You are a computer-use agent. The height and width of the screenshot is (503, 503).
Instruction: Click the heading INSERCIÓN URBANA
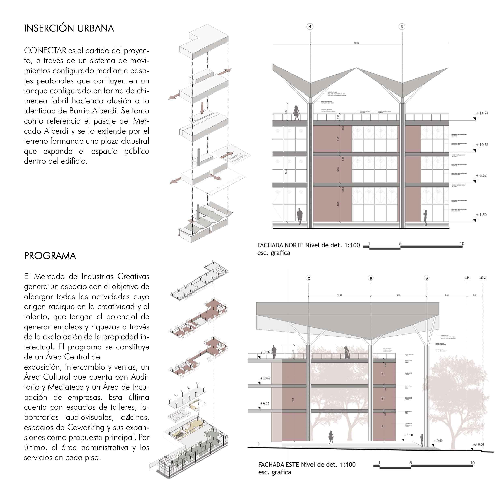point(69,28)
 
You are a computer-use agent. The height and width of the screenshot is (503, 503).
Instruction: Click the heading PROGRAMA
point(50,256)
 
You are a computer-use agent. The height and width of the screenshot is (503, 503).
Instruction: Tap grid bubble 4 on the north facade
point(310,27)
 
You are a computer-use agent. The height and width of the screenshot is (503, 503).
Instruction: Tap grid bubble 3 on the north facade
point(402,27)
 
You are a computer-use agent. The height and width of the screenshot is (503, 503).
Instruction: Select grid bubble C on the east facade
point(309,278)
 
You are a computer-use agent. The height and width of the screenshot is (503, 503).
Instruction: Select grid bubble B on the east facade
point(371,278)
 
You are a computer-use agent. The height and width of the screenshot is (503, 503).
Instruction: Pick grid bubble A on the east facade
point(427,278)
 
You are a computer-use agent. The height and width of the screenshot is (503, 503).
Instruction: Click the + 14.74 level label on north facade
point(482,113)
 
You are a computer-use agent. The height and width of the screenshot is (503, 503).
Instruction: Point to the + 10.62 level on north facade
point(482,145)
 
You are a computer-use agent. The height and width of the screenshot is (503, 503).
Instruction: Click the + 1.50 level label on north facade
point(481,215)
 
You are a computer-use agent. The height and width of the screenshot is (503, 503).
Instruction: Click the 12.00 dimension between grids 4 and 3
point(356,43)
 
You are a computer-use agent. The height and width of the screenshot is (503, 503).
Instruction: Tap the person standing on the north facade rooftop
point(296,113)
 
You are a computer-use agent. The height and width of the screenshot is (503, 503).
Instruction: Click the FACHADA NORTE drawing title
point(308,245)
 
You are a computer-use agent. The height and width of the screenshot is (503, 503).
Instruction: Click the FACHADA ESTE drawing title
point(307,464)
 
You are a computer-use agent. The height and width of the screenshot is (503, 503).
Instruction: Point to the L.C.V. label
point(482,278)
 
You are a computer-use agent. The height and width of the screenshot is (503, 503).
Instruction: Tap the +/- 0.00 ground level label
point(478,444)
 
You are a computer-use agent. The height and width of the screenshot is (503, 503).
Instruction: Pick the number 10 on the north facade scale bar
point(462,244)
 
